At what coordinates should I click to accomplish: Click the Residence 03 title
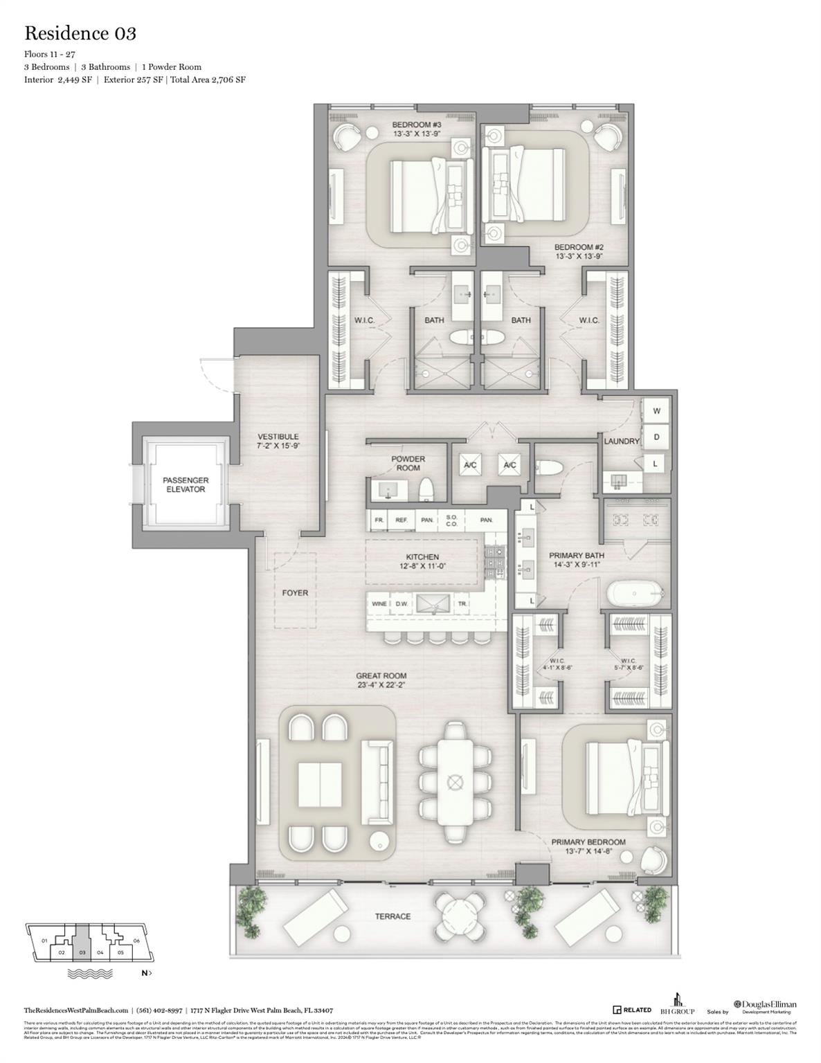80,33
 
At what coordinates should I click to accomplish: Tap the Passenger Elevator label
185,484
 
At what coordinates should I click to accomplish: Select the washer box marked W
656,411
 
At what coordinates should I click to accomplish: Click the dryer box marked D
656,437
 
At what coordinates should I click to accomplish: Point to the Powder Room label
408,463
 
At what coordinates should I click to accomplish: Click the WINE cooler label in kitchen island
379,603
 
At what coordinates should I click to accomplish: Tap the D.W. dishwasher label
402,603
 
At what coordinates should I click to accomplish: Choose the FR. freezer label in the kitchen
379,520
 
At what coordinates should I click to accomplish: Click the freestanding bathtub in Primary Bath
635,594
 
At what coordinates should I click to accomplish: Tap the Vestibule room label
278,441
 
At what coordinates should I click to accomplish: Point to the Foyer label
295,593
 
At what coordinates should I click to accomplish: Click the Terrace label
393,916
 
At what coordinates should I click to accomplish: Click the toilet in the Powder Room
426,489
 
